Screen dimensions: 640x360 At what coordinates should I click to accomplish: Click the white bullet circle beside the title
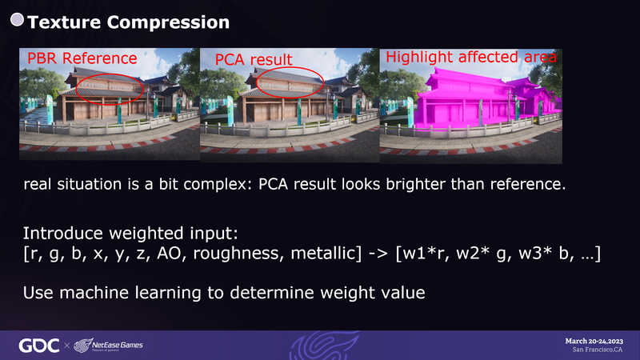coord(17,19)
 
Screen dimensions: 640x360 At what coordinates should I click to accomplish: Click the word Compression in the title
coord(168,22)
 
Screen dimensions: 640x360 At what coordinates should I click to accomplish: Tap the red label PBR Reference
coord(82,58)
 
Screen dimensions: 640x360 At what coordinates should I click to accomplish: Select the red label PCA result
coord(254,59)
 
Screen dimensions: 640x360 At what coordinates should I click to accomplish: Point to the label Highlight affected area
coord(471,57)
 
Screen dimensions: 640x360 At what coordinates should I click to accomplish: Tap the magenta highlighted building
coord(482,100)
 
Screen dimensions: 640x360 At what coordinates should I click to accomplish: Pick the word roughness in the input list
coord(238,254)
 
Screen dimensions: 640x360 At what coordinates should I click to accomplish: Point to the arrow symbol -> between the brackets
coord(378,254)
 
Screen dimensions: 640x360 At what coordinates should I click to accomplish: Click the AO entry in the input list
coord(169,254)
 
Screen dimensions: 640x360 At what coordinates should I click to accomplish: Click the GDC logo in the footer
coord(39,346)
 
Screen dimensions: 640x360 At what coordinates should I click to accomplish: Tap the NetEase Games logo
coord(108,346)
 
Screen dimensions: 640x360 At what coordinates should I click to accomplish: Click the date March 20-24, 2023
coord(594,342)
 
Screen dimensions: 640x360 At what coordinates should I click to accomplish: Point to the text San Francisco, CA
coord(597,350)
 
